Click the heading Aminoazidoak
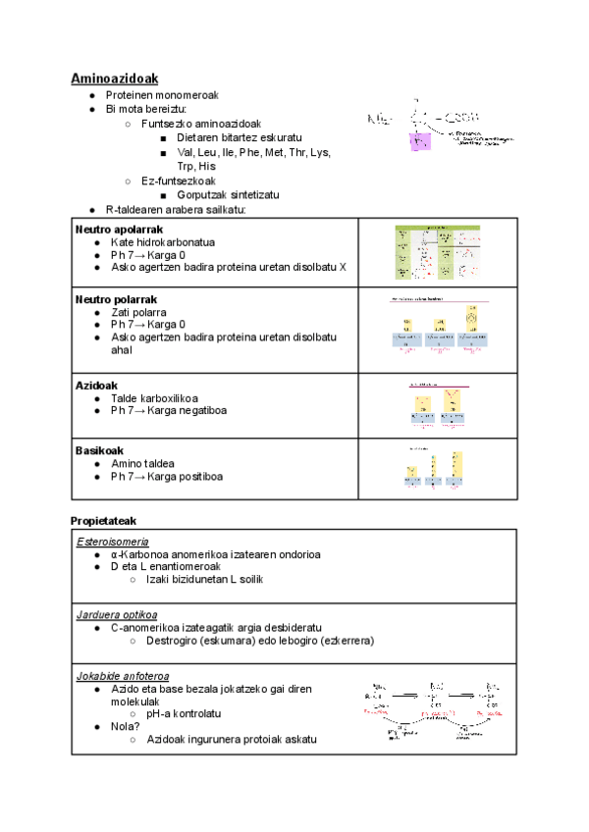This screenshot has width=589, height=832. (115, 78)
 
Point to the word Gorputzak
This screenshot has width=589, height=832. (204, 195)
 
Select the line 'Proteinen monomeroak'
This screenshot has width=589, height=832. (162, 94)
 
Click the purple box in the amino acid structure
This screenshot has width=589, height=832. (420, 143)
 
